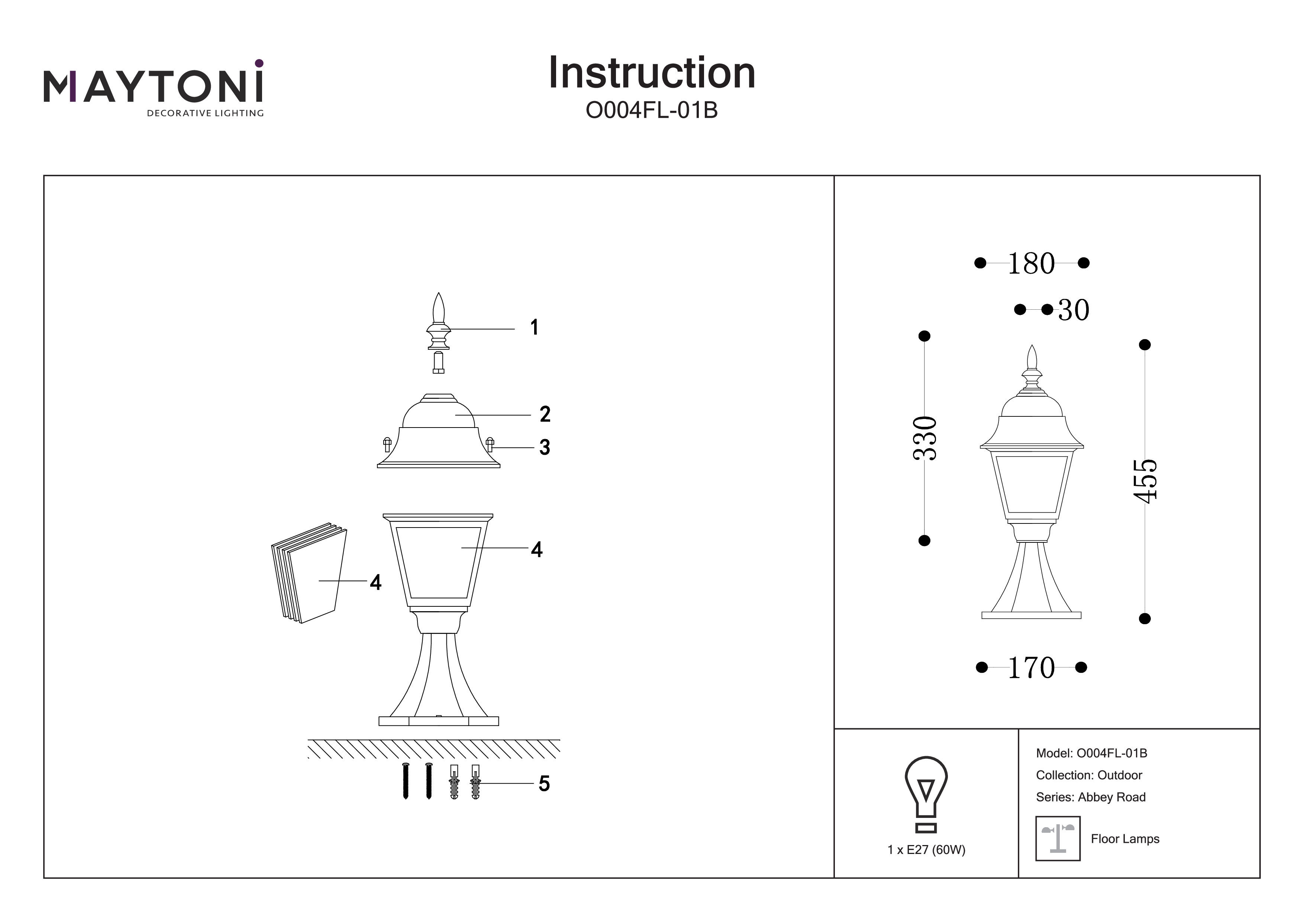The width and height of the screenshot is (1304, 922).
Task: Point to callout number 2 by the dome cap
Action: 545,414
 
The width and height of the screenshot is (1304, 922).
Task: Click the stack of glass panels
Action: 310,573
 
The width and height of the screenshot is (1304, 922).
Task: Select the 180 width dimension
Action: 1031,264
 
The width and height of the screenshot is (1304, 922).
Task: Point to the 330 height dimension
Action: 924,438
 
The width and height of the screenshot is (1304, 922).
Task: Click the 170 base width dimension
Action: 1031,668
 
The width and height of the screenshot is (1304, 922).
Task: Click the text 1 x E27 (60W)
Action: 926,850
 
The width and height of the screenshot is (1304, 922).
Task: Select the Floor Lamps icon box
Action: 1058,838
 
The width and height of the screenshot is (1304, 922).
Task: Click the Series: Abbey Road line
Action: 1091,797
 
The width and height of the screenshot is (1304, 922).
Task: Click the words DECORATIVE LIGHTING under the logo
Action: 205,113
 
